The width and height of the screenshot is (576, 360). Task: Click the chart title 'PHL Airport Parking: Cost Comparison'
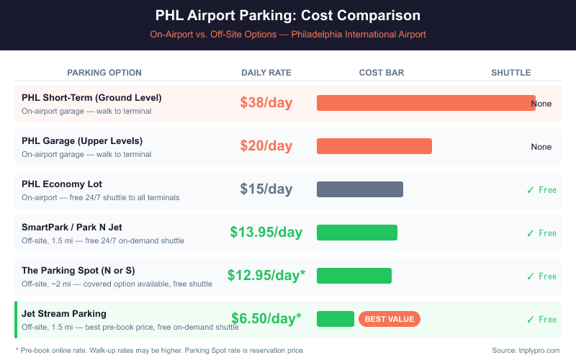tap(288, 16)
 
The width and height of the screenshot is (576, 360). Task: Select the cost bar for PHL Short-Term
tap(426, 103)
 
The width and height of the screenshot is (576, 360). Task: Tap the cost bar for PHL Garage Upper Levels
tap(374, 146)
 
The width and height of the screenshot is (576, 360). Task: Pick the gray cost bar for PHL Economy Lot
tap(359, 189)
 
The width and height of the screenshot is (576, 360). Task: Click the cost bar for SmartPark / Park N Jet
tap(356, 233)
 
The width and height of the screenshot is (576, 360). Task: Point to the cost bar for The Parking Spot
tap(354, 276)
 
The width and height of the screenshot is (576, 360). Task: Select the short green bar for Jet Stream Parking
tap(335, 319)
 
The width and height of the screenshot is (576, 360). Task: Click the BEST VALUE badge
tap(389, 319)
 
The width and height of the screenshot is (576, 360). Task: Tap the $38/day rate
tap(266, 103)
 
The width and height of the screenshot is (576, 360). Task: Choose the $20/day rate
tap(266, 146)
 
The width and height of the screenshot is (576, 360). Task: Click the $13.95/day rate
tap(266, 233)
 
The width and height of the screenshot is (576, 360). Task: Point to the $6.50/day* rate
tap(266, 318)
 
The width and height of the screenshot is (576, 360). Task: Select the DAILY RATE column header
tap(266, 73)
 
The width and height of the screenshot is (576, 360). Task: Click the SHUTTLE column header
tap(510, 73)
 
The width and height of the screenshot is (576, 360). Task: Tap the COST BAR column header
tap(381, 73)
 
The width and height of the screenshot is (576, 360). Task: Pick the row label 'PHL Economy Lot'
tap(62, 184)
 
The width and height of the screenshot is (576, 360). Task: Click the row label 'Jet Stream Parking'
tap(64, 314)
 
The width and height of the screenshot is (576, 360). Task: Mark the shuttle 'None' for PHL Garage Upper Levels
tap(541, 147)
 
